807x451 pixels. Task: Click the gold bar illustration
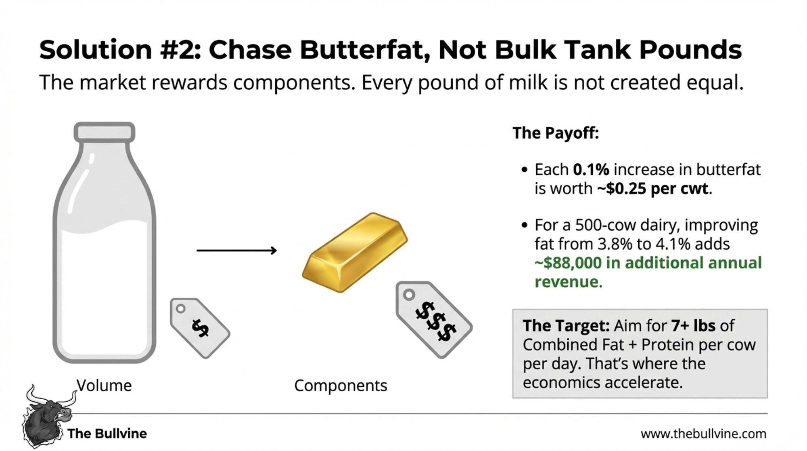[x=354, y=252]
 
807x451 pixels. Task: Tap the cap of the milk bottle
[x=105, y=132]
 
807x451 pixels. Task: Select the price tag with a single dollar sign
[x=200, y=328]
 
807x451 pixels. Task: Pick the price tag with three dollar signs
[x=434, y=319]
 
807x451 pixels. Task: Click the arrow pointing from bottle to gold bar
[x=236, y=251]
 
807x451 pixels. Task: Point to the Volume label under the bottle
[x=104, y=386]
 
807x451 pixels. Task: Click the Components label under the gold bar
[x=341, y=386]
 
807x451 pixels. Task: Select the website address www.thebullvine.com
[x=703, y=434]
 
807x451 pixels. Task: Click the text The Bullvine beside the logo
[x=107, y=434]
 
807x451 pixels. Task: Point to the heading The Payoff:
[x=556, y=133]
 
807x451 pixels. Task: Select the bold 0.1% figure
[x=591, y=170]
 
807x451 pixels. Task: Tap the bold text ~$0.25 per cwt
[x=652, y=189]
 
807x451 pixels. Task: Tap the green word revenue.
[x=568, y=282]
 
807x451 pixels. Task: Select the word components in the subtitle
[x=293, y=83]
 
